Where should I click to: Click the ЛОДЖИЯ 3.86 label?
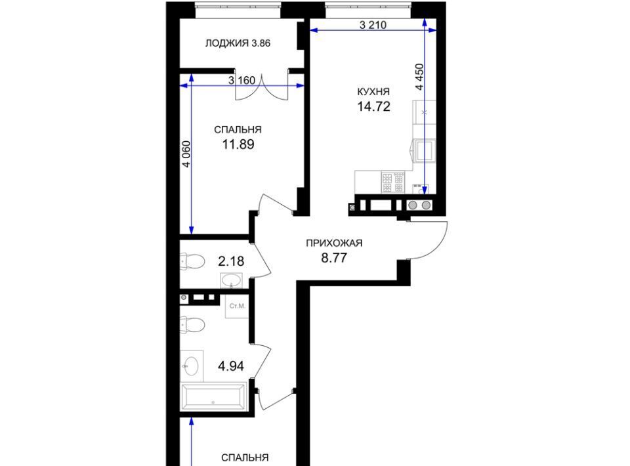[x=238, y=43]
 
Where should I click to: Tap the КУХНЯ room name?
[x=373, y=92]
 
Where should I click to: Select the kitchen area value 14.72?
[x=373, y=107]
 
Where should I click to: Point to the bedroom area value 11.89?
[x=238, y=144]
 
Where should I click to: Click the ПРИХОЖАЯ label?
[x=334, y=243]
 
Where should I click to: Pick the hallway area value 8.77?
[x=334, y=257]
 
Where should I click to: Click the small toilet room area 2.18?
[x=231, y=261]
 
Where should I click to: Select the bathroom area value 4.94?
[x=231, y=366]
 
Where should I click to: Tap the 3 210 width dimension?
[x=373, y=25]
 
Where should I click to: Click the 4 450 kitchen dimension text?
[x=419, y=77]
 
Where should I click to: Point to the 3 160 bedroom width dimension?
[x=242, y=80]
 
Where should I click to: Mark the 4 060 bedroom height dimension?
[x=186, y=154]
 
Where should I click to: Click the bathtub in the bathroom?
[x=213, y=397]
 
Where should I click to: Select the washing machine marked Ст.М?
[x=237, y=307]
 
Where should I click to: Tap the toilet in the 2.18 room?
[x=192, y=261]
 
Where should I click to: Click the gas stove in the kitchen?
[x=393, y=182]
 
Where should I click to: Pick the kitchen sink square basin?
[x=425, y=151]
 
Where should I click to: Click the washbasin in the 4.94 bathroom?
[x=191, y=366]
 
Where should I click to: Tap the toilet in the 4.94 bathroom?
[x=192, y=325]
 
